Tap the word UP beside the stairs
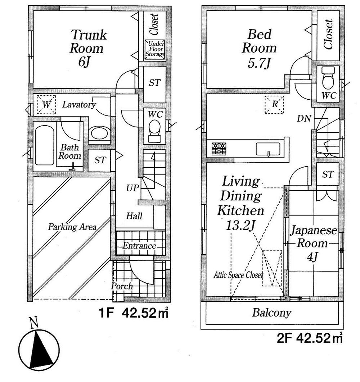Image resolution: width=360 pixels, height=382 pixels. (x=132, y=188)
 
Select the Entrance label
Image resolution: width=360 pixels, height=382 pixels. (x=140, y=246)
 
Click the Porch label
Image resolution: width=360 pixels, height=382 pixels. (x=121, y=287)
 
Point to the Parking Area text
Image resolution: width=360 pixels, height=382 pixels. (x=72, y=227)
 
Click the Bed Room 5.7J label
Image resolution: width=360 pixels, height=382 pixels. (x=259, y=49)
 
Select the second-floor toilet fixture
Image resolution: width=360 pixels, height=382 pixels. (x=328, y=81)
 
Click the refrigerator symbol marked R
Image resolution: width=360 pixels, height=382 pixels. (x=274, y=105)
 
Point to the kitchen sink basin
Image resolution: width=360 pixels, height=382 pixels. (x=268, y=148)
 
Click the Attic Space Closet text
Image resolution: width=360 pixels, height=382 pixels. (x=238, y=275)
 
